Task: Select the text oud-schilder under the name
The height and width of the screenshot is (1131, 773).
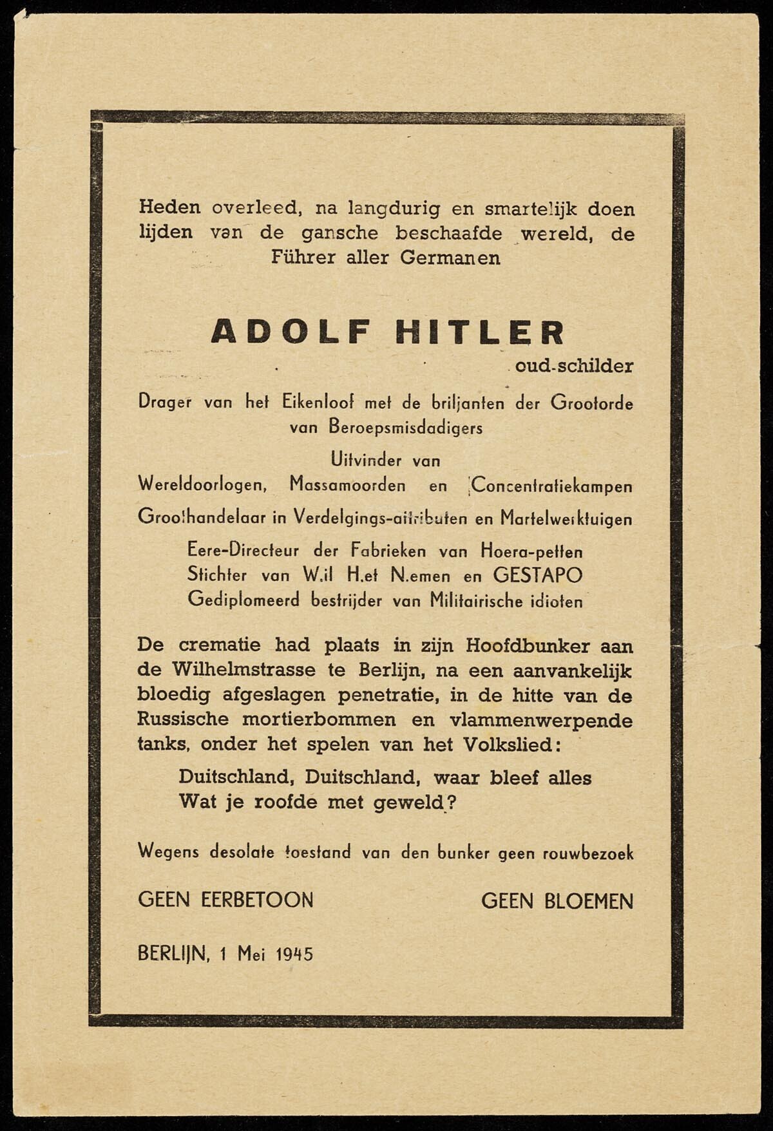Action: coord(574,366)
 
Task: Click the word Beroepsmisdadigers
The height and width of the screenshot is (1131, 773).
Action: coord(406,427)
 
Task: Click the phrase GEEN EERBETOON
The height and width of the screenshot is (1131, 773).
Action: coord(225,900)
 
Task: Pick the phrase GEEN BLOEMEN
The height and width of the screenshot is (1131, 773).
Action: coord(557,900)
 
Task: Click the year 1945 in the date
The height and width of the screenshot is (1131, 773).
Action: coord(294,953)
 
